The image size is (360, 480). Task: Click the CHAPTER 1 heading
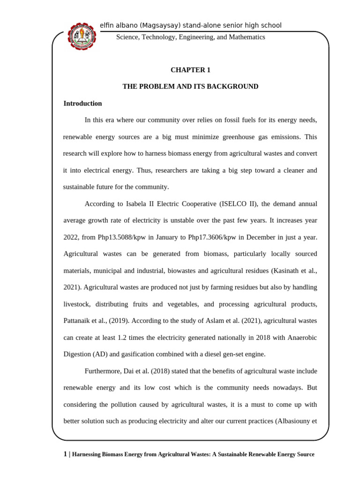coord(190,70)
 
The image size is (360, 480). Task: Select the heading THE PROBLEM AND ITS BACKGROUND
coord(190,87)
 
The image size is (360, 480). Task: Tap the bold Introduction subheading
coord(82,104)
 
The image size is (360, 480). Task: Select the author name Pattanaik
coord(78,321)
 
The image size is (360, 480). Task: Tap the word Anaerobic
coord(301,338)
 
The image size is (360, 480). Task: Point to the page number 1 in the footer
coord(65,455)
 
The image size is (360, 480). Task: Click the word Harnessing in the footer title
coord(89,455)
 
